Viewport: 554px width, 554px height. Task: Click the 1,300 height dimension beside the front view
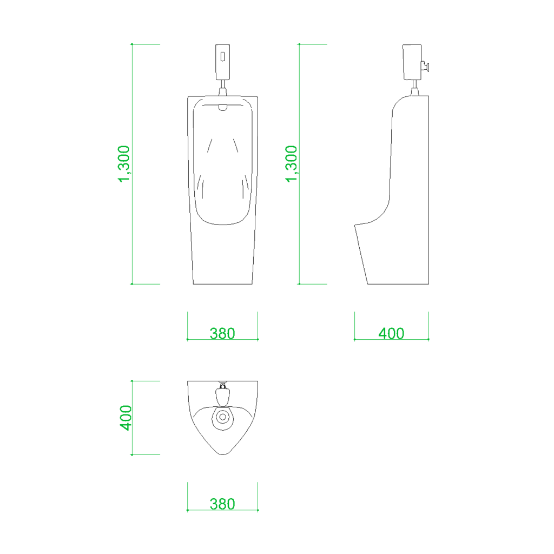point(124,164)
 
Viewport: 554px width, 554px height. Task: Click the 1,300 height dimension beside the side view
point(292,164)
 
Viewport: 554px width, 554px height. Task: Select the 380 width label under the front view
point(222,333)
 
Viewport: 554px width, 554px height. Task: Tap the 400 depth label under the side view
point(391,333)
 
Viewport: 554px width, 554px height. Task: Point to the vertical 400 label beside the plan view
point(126,418)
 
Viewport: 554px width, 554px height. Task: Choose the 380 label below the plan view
point(222,504)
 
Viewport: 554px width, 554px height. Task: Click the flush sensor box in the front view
point(222,62)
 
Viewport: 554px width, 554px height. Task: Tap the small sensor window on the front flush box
point(222,56)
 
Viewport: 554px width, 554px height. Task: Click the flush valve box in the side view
point(412,62)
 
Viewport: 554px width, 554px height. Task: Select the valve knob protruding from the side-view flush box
point(425,66)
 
